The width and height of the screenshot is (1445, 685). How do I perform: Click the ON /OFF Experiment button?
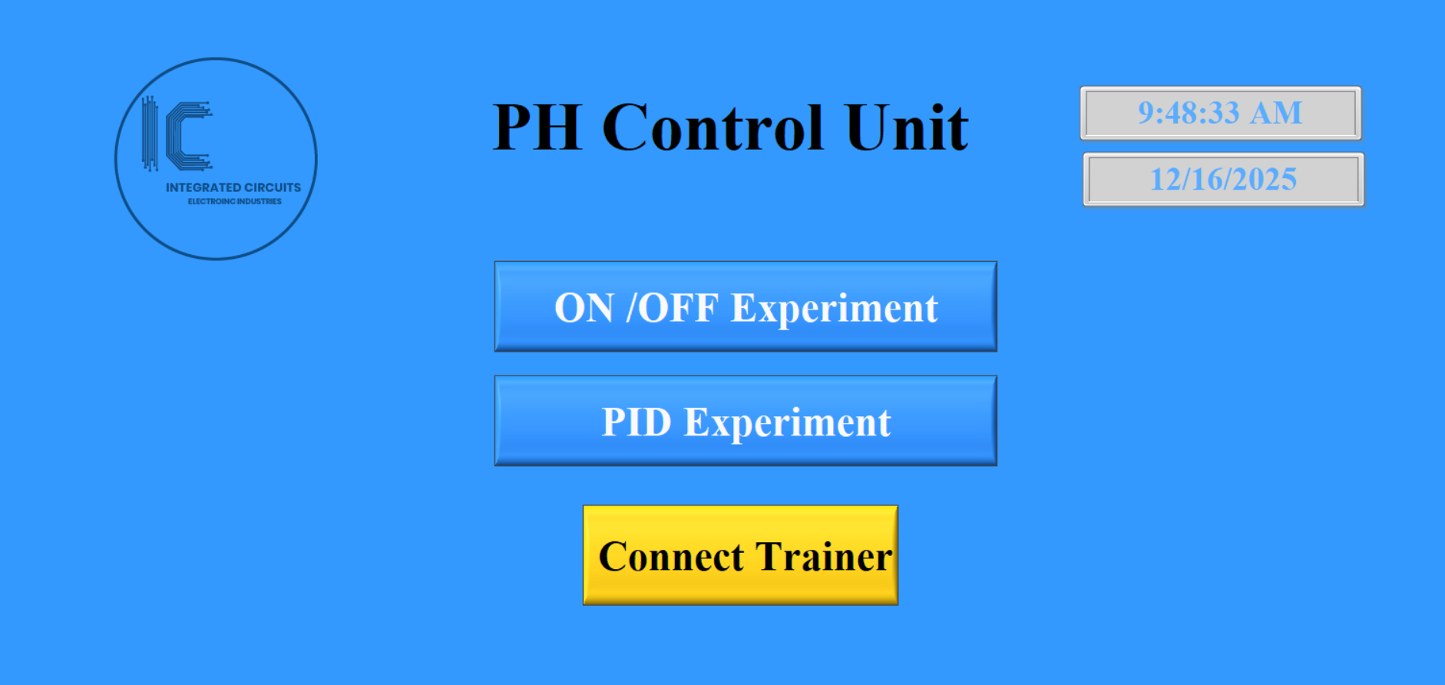[x=746, y=306]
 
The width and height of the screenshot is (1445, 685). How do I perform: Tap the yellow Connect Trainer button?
[x=740, y=555]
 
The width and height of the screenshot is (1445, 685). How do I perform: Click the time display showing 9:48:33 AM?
[x=1220, y=113]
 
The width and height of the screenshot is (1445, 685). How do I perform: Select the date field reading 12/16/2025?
[x=1223, y=179]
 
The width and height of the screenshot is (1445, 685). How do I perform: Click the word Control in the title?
[x=713, y=127]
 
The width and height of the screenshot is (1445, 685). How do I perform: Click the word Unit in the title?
[x=906, y=127]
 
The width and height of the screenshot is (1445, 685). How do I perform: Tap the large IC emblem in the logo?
[x=179, y=135]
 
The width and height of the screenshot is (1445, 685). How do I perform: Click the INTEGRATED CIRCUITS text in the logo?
[x=233, y=187]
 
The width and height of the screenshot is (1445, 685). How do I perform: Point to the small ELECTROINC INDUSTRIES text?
[x=235, y=201]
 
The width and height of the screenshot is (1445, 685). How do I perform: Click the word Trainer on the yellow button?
[x=824, y=557]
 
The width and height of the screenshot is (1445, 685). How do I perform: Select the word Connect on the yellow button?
[x=671, y=557]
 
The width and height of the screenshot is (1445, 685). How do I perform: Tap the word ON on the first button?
[x=584, y=308]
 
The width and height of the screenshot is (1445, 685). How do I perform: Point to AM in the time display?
[x=1275, y=113]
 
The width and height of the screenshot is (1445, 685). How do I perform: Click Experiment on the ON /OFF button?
[x=834, y=309]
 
